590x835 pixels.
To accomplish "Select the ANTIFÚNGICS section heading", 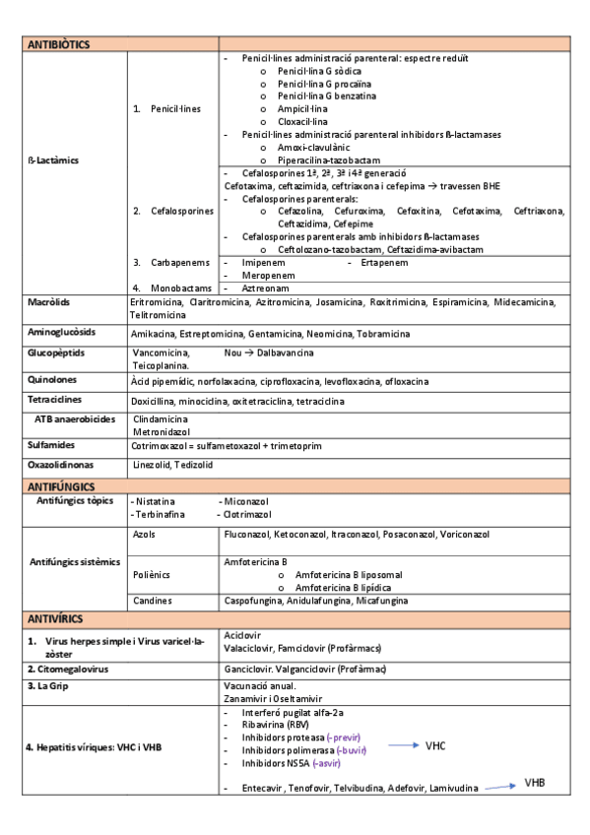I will tap(61, 486).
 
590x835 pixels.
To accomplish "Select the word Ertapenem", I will tap(375, 263).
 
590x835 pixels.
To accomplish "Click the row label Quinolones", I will tap(53, 379).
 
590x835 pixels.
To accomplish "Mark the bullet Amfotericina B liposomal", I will tap(349, 574).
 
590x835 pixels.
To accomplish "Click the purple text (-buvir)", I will tap(347, 750).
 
